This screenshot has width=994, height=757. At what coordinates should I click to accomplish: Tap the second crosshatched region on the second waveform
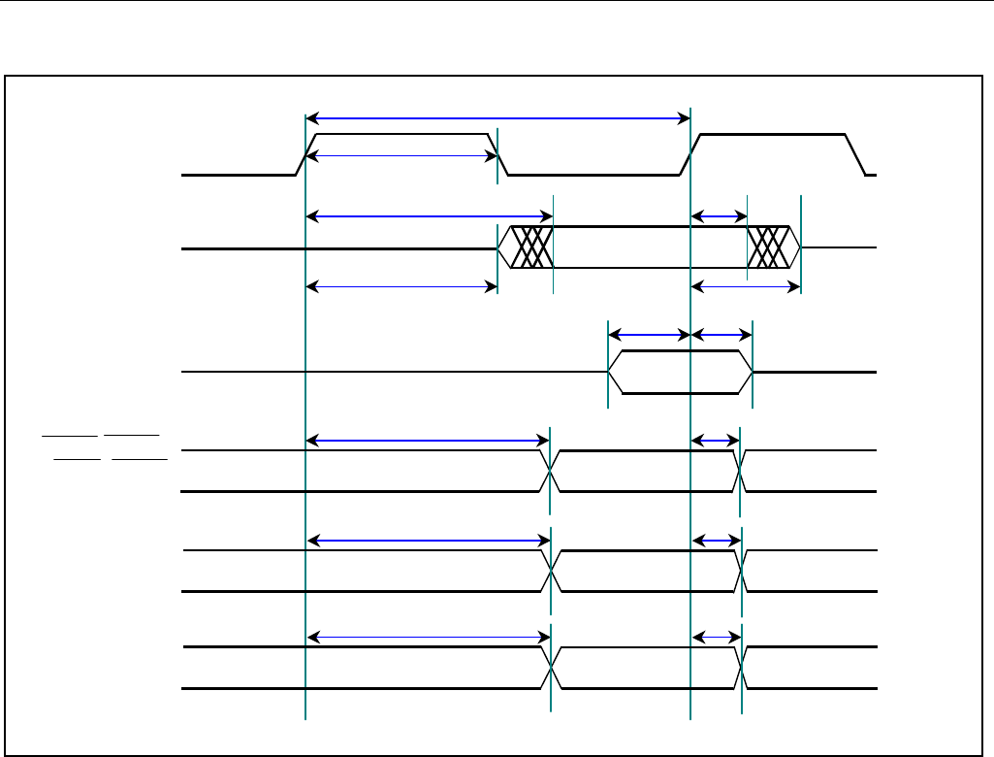(x=771, y=247)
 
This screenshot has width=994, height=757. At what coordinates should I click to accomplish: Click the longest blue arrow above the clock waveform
(x=497, y=118)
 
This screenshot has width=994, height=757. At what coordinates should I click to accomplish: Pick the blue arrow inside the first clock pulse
(x=401, y=155)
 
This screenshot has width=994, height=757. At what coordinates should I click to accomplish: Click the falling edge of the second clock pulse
(x=855, y=154)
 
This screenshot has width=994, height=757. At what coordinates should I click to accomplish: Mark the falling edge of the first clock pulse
(x=499, y=154)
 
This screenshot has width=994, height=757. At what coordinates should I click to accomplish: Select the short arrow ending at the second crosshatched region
(x=719, y=216)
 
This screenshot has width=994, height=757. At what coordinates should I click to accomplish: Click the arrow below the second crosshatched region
(x=746, y=286)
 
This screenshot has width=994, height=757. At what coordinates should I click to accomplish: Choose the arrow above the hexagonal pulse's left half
(x=649, y=336)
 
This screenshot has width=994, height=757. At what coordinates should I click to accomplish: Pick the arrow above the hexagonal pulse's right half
(x=721, y=336)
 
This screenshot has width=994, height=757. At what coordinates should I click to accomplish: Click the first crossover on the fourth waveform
(x=550, y=471)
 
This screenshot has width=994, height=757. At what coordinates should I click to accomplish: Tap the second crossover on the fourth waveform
(x=740, y=471)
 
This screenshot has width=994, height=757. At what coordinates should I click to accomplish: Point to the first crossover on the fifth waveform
(x=552, y=571)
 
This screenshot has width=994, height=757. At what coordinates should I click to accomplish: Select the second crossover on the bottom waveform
(x=742, y=668)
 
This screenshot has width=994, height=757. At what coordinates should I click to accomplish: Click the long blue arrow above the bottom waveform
(x=428, y=637)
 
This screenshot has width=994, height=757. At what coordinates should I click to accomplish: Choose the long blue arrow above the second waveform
(x=429, y=216)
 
